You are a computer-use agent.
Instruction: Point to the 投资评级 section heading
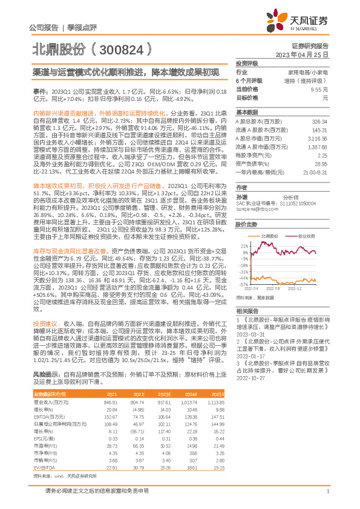(247, 63)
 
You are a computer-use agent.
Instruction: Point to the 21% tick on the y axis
(244, 246)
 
